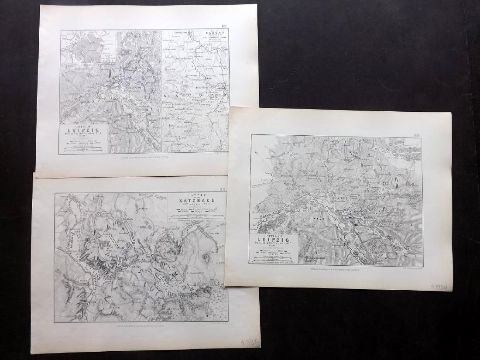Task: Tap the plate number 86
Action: coord(222,189)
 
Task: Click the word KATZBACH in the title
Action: coord(197,200)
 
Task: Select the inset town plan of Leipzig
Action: coord(89,46)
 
